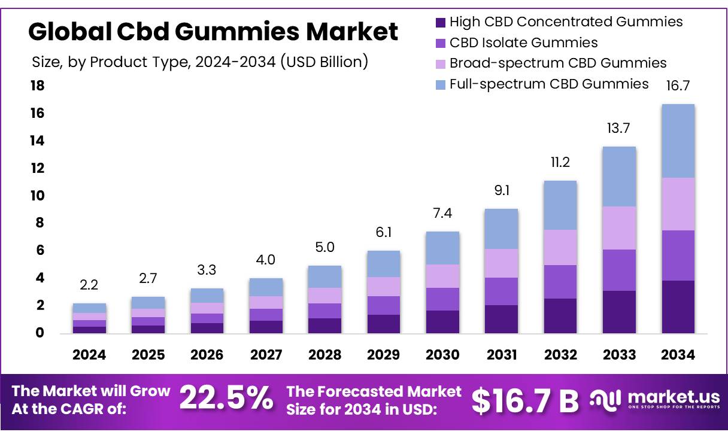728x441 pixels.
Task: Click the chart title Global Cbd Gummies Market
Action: coord(213,31)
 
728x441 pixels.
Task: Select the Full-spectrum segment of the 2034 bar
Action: coord(678,141)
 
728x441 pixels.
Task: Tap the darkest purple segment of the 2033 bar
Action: coord(619,312)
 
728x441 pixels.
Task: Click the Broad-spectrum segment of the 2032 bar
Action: coord(560,247)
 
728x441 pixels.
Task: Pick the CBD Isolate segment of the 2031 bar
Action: coord(501,291)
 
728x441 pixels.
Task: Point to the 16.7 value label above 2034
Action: coord(678,86)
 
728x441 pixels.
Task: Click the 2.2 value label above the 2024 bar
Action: coord(89,285)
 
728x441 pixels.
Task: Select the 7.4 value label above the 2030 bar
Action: coord(442,214)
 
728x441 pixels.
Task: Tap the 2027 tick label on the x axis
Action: coord(266,355)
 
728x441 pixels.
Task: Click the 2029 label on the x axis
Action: coord(384,355)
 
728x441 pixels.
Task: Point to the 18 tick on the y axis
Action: coord(37,86)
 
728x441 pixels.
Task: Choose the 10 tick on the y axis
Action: coord(37,196)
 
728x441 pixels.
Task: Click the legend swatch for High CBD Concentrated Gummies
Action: coord(441,23)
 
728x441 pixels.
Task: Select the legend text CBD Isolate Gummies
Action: coord(523,42)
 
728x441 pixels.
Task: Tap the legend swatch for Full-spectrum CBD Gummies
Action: coord(441,84)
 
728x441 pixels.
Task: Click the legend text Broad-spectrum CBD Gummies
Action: coord(557,63)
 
